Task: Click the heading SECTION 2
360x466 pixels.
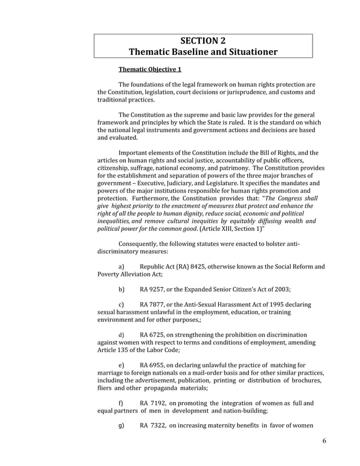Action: (x=203, y=41)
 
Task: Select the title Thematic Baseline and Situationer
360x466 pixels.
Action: (x=203, y=52)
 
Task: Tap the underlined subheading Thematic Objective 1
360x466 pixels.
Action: (x=150, y=70)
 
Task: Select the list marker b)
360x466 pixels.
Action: (x=121, y=289)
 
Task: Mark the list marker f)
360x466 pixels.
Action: (x=121, y=403)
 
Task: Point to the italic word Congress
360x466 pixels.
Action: (x=289, y=199)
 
